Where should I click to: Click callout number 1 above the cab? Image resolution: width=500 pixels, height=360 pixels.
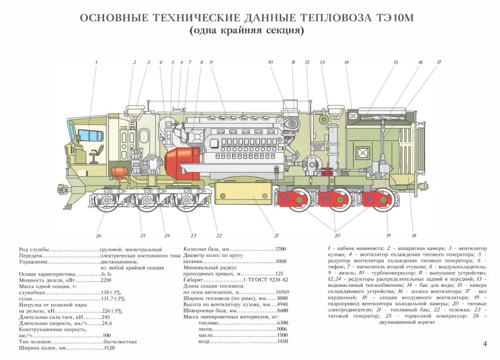coord(96,62)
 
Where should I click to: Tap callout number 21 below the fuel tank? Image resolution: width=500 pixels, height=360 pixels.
coord(276,235)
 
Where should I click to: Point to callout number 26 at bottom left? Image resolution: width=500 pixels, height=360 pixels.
coord(99,235)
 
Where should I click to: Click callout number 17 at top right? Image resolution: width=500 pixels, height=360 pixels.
coord(439,62)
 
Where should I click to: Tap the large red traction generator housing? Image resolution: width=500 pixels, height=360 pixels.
coord(181,165)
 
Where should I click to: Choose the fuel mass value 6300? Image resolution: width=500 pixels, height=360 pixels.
coord(282,322)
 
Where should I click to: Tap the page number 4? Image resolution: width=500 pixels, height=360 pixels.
coord(484,343)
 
